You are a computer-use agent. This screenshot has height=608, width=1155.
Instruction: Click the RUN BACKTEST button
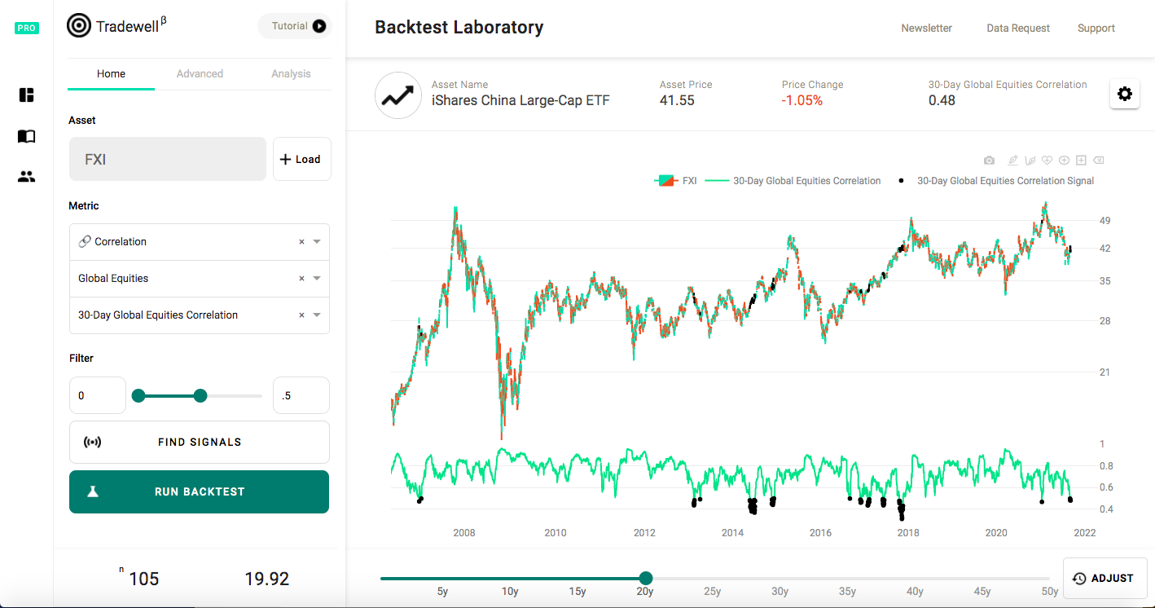tap(199, 491)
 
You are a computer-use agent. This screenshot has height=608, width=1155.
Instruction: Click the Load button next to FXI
tap(301, 159)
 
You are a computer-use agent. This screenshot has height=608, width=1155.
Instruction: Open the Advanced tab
tap(200, 73)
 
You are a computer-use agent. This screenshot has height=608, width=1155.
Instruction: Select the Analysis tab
tap(291, 73)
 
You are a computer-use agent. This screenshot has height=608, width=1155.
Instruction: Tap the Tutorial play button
tap(319, 26)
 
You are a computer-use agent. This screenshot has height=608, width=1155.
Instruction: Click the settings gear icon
tap(1124, 95)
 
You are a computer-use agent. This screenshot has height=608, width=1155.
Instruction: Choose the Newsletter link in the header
tap(926, 28)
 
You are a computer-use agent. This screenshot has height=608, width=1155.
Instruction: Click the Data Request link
tap(1017, 28)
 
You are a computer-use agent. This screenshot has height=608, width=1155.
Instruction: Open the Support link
tap(1096, 28)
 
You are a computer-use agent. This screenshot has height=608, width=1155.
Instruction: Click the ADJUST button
tap(1104, 578)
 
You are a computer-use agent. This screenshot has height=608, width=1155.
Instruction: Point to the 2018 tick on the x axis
tap(908, 532)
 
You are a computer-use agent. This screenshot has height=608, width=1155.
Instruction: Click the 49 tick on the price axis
tap(1104, 221)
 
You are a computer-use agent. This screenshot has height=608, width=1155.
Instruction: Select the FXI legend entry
tap(675, 181)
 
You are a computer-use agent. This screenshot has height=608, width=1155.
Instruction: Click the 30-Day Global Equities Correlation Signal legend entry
tap(997, 181)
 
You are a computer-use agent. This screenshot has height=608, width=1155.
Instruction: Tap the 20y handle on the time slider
tap(645, 578)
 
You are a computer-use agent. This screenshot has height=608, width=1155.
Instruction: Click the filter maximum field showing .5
tap(301, 395)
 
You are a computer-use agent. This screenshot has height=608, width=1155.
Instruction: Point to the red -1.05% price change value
tap(801, 100)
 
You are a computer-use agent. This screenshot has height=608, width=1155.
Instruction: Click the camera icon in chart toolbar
tap(989, 161)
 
